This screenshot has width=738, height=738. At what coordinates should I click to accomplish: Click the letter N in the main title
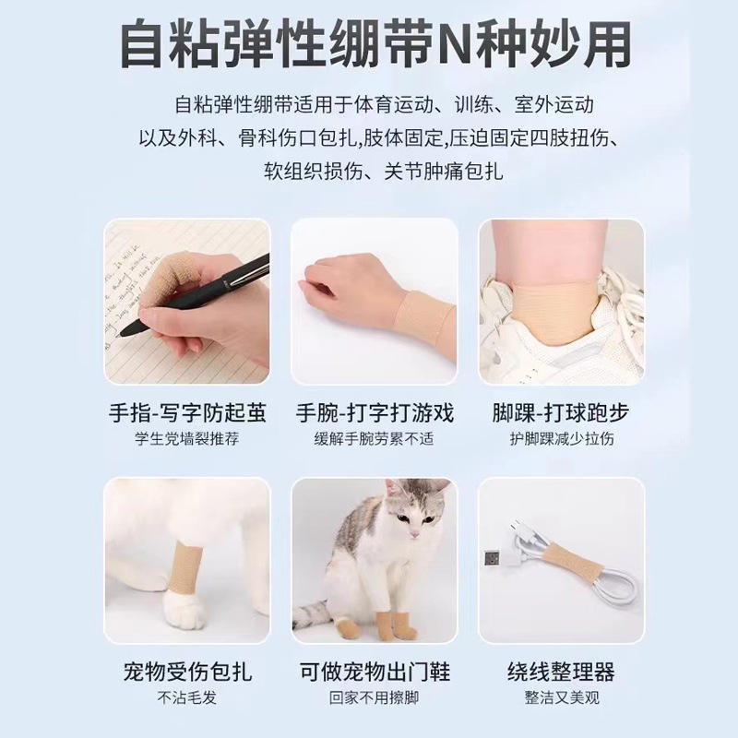pyautogui.click(x=455, y=44)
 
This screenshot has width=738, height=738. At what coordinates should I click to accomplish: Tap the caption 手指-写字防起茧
pyautogui.click(x=187, y=412)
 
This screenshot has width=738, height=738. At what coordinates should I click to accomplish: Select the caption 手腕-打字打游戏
pyautogui.click(x=375, y=412)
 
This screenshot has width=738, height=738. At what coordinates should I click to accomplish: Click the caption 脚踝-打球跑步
pyautogui.click(x=561, y=412)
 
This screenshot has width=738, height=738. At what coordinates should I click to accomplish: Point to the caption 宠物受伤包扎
pyautogui.click(x=187, y=672)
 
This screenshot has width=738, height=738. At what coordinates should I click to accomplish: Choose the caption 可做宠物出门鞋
pyautogui.click(x=375, y=672)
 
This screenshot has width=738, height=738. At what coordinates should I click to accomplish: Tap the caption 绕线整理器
pyautogui.click(x=561, y=672)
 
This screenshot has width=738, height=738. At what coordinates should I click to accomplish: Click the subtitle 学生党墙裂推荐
pyautogui.click(x=187, y=439)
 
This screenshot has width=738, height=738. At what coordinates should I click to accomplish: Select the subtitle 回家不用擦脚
pyautogui.click(x=375, y=697)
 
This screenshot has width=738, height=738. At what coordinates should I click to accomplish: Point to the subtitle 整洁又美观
pyautogui.click(x=562, y=697)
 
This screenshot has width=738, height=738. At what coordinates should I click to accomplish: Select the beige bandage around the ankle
pyautogui.click(x=555, y=311)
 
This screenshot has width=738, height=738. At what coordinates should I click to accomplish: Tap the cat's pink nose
pyautogui.click(x=413, y=535)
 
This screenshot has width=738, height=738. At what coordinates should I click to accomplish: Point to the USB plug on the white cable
pyautogui.click(x=494, y=559)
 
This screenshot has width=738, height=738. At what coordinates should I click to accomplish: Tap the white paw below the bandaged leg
pyautogui.click(x=184, y=610)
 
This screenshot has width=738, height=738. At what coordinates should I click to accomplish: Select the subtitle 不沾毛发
pyautogui.click(x=187, y=697)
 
